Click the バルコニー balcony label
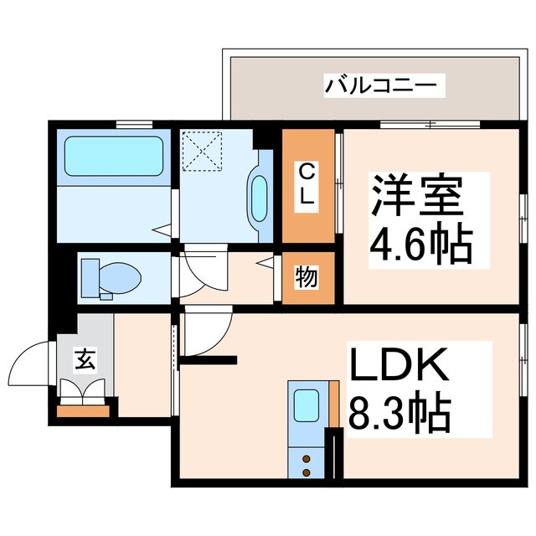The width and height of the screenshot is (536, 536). coord(374,85)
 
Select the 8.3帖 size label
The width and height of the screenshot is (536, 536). coord(400,412)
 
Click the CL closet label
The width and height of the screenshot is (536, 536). coord(307,184)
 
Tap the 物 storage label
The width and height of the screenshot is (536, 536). coord(307,277)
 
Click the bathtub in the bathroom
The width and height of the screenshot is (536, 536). coord(111,156)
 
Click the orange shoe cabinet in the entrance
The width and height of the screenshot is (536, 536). coord(84,411)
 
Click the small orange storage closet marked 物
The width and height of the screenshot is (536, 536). coord(307,277)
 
